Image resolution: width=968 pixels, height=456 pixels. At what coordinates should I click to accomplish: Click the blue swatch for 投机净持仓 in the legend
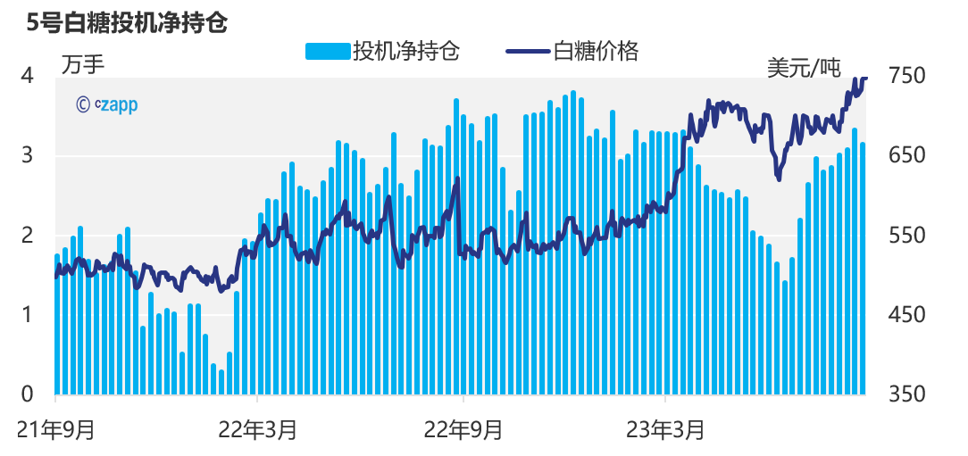[328, 51]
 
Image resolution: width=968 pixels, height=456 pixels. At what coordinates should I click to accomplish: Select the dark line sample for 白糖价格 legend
[528, 51]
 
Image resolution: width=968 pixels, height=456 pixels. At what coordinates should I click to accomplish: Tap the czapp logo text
[107, 104]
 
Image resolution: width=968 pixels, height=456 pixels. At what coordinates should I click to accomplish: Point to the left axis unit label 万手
[83, 63]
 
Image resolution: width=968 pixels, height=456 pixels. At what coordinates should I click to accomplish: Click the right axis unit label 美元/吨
[804, 67]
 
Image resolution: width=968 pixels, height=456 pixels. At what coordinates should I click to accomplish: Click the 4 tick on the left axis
[28, 76]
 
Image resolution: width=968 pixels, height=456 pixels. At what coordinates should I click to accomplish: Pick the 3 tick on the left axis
[28, 155]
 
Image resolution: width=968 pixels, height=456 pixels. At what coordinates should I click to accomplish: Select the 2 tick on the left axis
[28, 236]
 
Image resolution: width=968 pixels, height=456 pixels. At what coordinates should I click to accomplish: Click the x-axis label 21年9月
[56, 430]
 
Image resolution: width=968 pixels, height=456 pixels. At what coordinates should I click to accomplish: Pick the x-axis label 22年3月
[258, 430]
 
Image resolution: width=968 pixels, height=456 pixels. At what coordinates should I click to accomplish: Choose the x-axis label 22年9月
[463, 430]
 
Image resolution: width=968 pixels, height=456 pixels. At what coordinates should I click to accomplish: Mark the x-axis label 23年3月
[666, 430]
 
